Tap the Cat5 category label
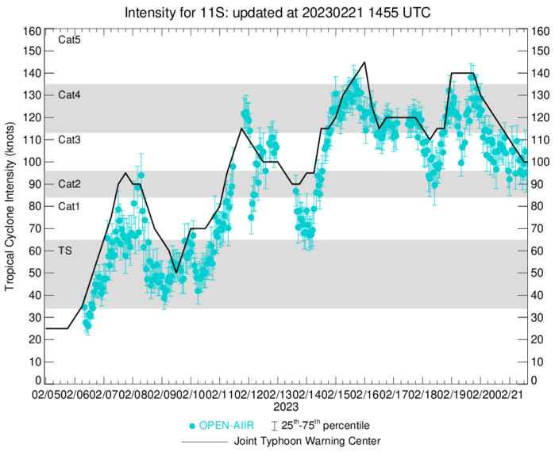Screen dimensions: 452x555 [70, 39]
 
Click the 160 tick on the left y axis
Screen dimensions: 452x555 [32, 32]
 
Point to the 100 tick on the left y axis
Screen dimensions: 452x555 [32, 162]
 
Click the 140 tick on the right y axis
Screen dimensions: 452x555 [540, 73]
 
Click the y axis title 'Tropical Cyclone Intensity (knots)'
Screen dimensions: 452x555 [10, 206]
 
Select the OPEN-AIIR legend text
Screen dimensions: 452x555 [225, 426]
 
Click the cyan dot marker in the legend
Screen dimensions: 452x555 [191, 426]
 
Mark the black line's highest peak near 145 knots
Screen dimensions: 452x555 [364, 62]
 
